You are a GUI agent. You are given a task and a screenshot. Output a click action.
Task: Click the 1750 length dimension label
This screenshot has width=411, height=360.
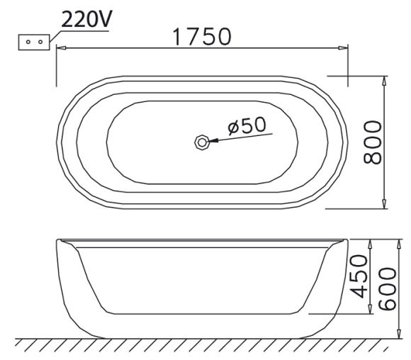click(203, 37)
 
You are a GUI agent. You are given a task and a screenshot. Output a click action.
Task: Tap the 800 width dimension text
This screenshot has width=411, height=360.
click(372, 142)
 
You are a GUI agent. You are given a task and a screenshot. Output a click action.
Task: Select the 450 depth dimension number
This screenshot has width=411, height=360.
click(359, 276)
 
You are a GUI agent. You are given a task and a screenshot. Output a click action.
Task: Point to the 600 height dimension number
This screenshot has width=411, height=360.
click(387, 289)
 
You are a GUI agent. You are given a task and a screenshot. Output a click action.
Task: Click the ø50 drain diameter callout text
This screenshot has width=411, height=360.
click(247, 125)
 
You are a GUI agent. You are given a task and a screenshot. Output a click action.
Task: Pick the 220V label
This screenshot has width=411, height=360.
click(86, 19)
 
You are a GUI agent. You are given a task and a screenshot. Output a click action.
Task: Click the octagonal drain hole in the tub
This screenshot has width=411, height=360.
click(202, 142)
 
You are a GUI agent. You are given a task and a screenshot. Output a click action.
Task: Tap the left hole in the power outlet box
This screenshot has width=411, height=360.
click(28, 42)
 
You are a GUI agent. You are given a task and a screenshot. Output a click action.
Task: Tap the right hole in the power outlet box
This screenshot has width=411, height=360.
click(40, 42)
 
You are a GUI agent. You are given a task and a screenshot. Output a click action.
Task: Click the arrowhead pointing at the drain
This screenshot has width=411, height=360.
click(213, 141)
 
